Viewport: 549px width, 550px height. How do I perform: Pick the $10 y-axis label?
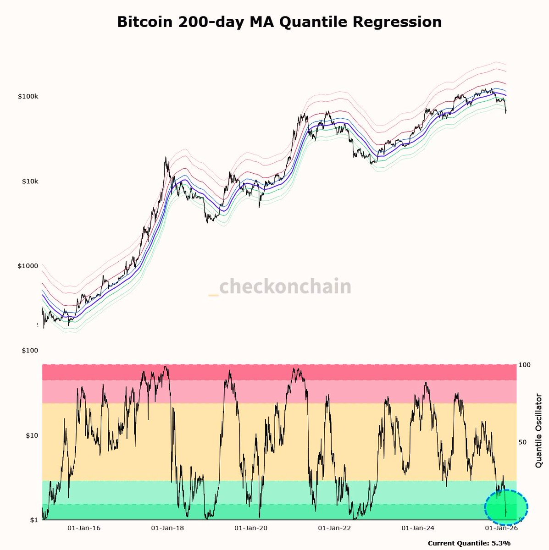[33, 435]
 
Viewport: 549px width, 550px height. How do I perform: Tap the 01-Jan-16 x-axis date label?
[83, 528]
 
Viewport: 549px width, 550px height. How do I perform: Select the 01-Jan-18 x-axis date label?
[167, 528]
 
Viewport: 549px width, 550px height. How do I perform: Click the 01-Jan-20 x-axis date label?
[250, 528]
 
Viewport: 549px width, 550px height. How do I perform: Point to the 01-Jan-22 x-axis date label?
[334, 528]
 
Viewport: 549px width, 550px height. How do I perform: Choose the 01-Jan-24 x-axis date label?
[417, 528]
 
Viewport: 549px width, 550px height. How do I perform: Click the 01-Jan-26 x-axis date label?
[501, 528]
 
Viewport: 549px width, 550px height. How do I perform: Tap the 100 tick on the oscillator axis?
[524, 365]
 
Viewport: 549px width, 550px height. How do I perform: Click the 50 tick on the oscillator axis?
[522, 442]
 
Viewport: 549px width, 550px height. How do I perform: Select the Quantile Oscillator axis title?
[538, 430]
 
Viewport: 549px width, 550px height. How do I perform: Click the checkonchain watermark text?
[284, 287]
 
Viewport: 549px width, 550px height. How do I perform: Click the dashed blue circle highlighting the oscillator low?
[507, 507]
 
